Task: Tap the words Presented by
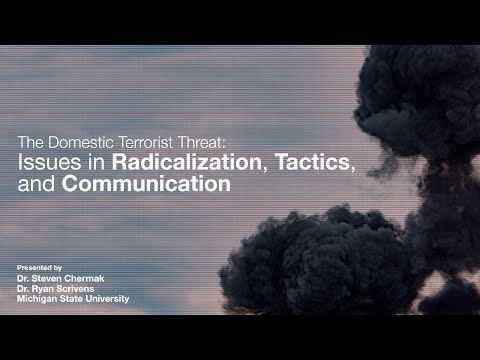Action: pyautogui.click(x=41, y=268)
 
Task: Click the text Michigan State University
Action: pyautogui.click(x=73, y=299)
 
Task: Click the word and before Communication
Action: pyautogui.click(x=37, y=184)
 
